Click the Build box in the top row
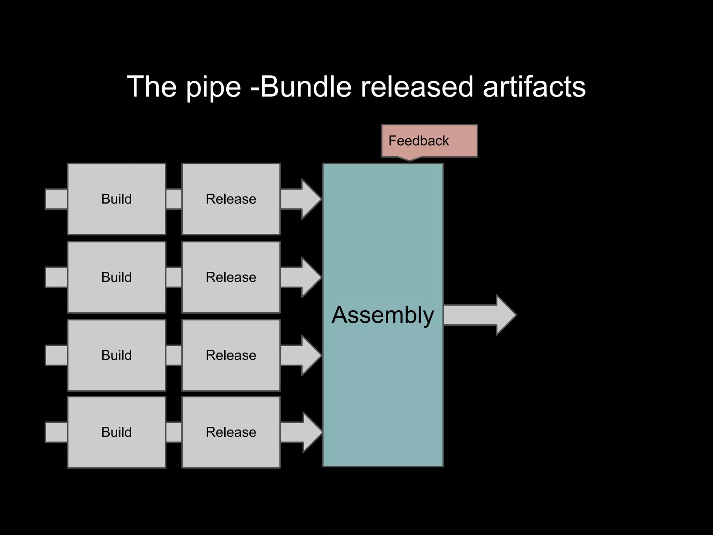116,199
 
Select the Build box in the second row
116,277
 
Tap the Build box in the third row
116,355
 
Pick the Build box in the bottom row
116,432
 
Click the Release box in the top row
231,199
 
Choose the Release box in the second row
231,277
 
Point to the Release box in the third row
231,355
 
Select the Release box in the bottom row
231,432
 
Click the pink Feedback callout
429,141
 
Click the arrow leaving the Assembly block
479,315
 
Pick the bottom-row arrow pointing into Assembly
300,432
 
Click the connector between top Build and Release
174,199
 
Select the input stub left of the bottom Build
56,432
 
